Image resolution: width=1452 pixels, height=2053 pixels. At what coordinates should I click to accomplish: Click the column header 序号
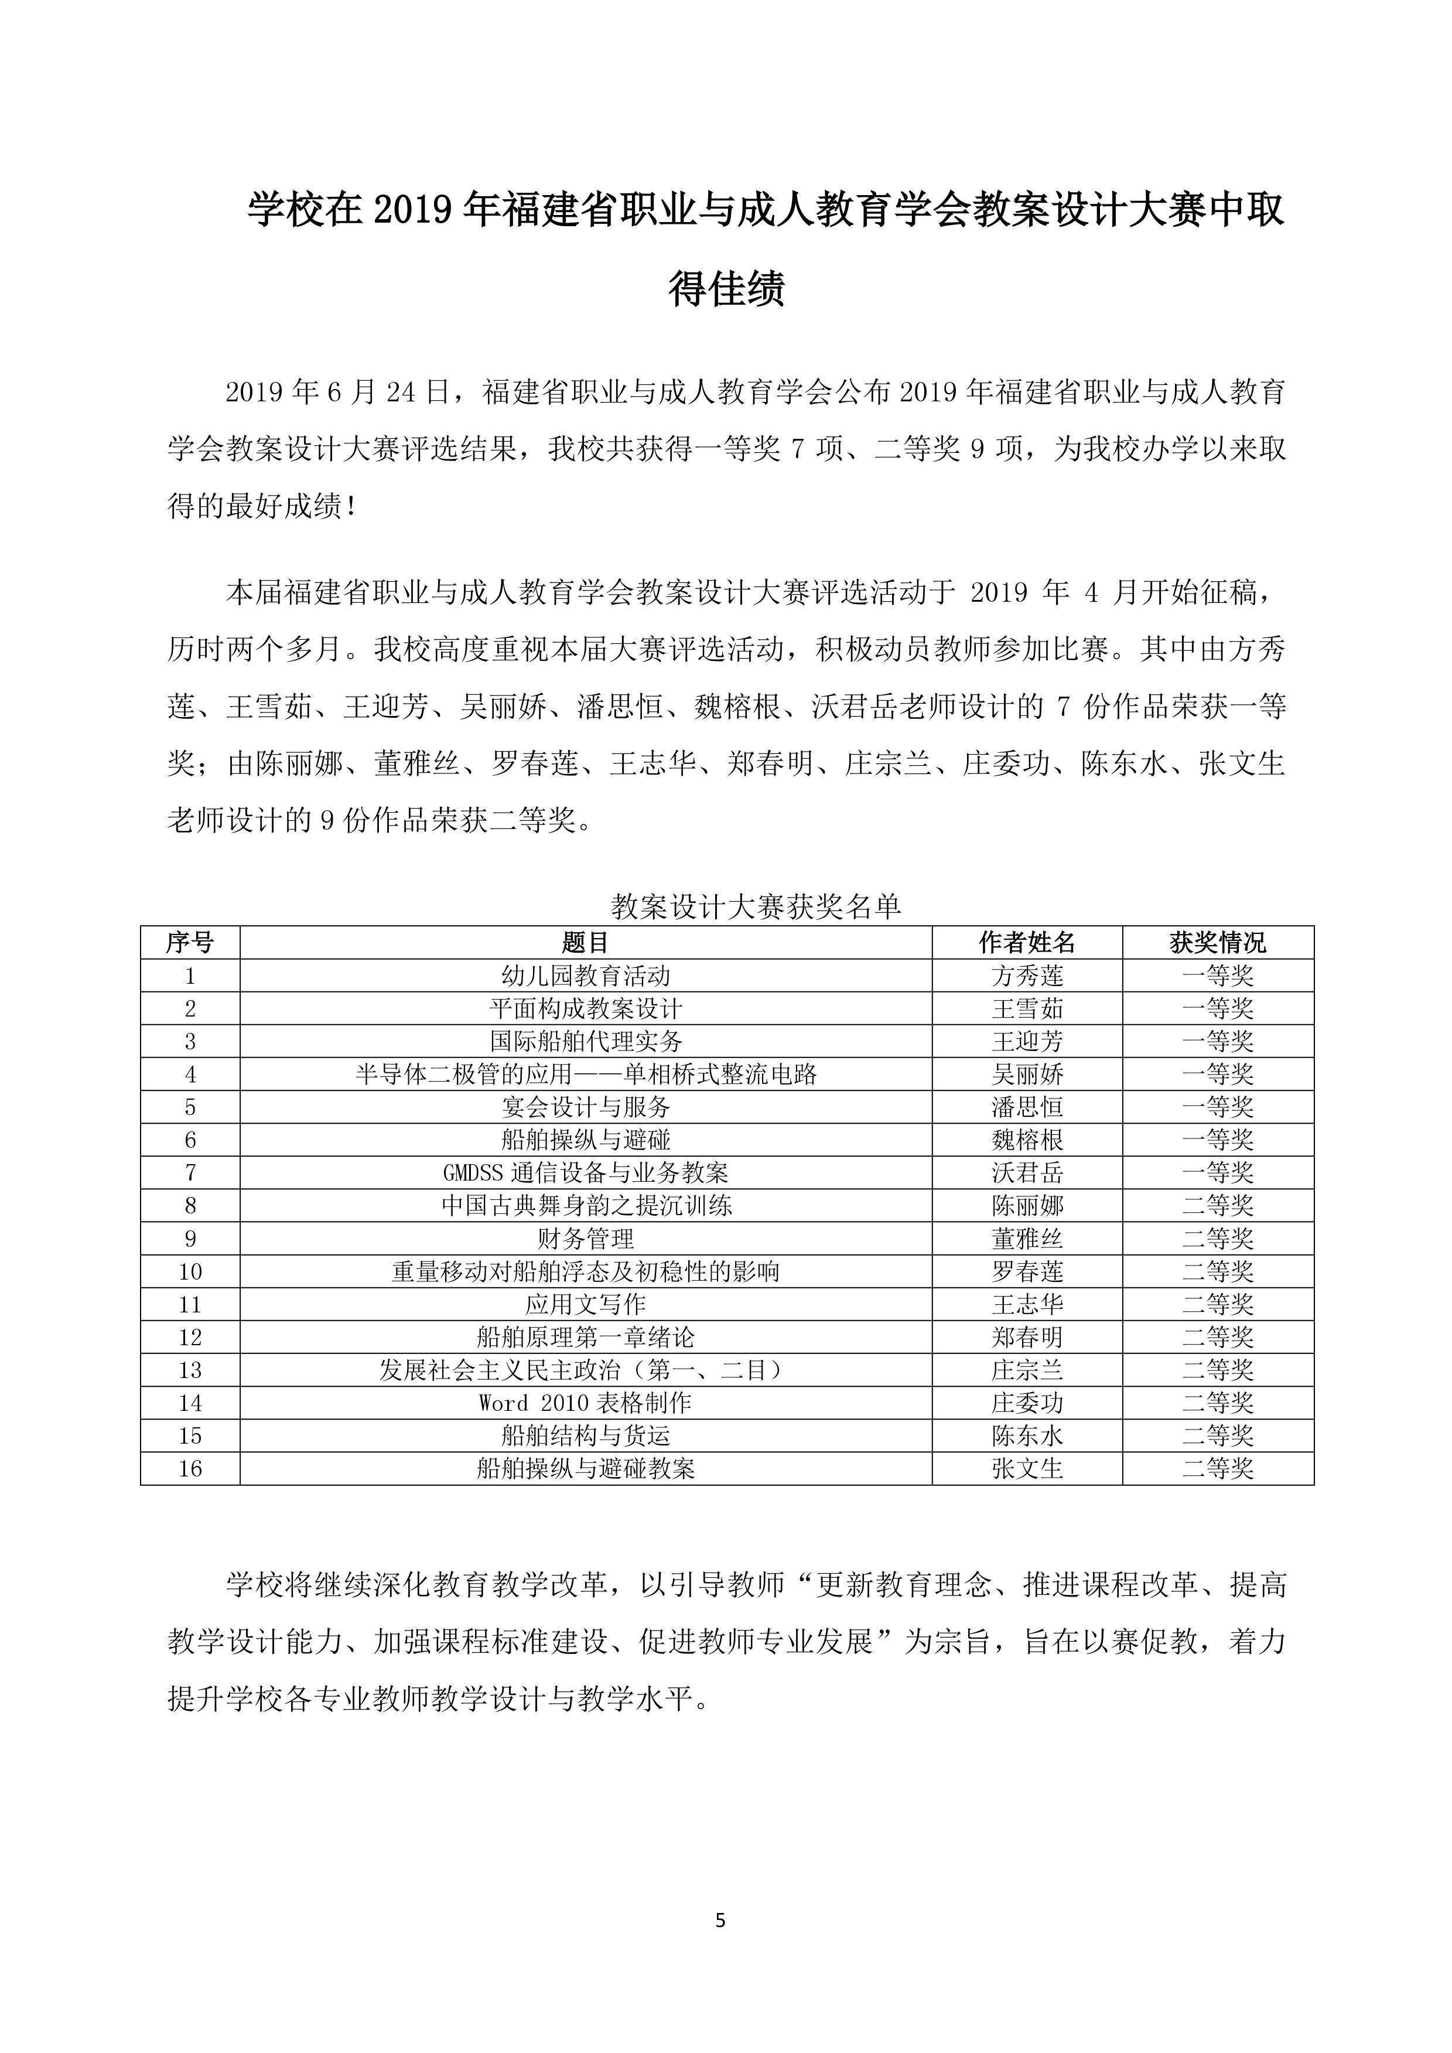(x=190, y=943)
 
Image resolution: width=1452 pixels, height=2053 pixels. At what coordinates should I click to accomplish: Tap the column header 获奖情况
(x=1218, y=943)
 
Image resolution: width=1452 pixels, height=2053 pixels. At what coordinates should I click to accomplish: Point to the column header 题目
(x=586, y=943)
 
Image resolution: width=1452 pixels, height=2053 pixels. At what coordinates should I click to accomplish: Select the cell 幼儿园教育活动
(x=586, y=976)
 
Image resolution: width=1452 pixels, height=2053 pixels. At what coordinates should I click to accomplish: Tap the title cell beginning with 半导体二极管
(x=586, y=1074)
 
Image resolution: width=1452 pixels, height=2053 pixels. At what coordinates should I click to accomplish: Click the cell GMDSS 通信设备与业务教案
(x=586, y=1172)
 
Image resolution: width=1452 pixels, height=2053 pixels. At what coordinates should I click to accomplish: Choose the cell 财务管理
(x=586, y=1239)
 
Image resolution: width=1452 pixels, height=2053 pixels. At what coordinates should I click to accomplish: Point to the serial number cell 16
(x=190, y=1468)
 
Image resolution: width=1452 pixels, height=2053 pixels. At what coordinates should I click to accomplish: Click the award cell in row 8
(x=1218, y=1205)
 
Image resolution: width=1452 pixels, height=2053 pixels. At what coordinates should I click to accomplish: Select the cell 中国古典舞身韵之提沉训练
(x=586, y=1205)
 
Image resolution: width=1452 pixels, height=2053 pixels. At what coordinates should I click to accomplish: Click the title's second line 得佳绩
(x=726, y=288)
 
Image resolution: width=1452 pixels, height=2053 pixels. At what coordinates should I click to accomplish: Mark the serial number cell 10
(x=190, y=1271)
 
